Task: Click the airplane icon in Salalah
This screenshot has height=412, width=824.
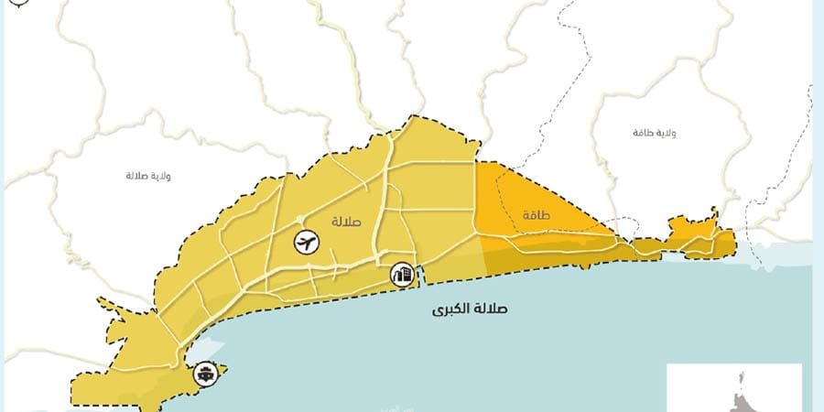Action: point(306,243)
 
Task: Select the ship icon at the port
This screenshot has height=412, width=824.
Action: point(206,373)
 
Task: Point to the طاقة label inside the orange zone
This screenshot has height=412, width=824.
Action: point(535,216)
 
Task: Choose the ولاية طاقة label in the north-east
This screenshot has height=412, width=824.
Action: point(654,134)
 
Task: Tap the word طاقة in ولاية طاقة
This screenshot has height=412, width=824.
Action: point(642,134)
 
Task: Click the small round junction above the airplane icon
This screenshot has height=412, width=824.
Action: point(301,219)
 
